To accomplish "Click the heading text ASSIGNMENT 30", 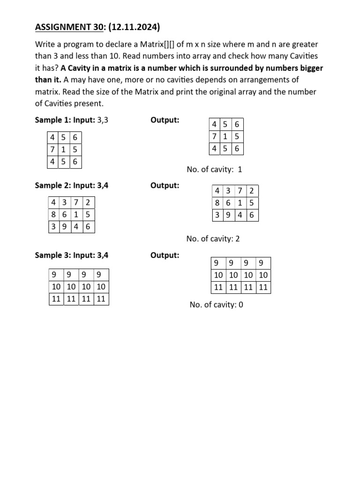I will pos(68,28).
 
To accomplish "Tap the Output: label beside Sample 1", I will pos(165,120).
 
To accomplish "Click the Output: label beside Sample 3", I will pos(165,255).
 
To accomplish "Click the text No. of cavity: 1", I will pos(214,170).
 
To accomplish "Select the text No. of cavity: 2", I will pos(213,239).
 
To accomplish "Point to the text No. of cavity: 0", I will pos(217,305).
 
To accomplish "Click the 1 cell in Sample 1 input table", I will pos(64,150).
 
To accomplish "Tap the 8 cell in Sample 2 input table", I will pos(54,215).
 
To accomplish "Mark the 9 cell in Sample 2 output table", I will pos(229,215).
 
